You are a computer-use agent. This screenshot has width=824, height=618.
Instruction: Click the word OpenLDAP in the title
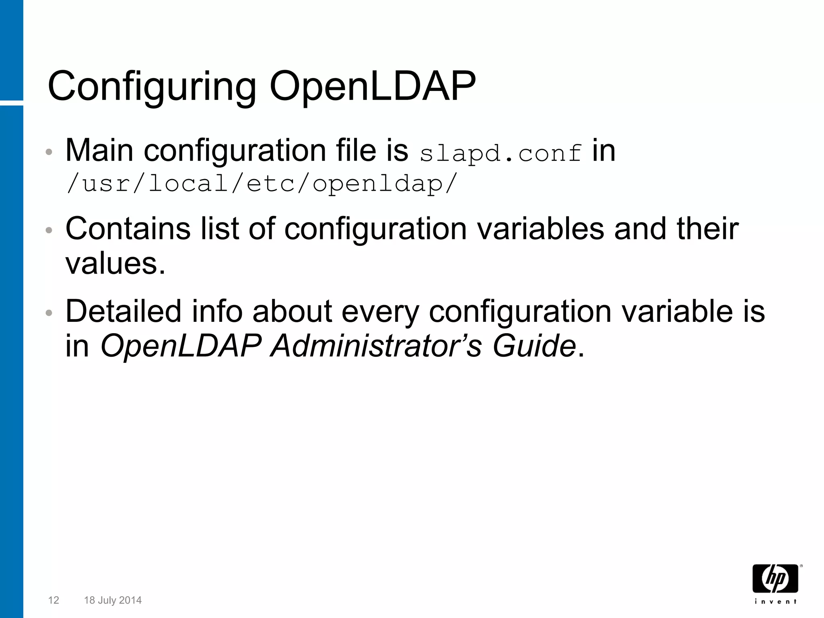point(372,87)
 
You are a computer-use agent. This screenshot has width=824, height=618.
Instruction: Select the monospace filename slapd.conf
point(501,153)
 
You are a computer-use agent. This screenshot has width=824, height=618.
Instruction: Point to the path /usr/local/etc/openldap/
point(262,184)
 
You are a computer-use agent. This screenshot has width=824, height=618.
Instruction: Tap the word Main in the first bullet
point(99,150)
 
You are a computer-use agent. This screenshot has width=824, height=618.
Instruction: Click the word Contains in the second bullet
point(128,229)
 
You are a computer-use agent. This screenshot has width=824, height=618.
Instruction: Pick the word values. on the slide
point(115,264)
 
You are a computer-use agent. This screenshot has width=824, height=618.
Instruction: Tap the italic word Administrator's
point(376,346)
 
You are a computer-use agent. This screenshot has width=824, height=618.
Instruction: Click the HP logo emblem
point(775,579)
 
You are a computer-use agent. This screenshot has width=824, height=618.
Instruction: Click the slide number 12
point(54,600)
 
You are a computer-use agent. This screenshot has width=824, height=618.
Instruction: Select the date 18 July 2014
point(113,600)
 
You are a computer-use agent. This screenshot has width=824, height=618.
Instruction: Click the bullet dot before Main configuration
point(49,152)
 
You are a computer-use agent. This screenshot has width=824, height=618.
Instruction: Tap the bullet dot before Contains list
point(49,231)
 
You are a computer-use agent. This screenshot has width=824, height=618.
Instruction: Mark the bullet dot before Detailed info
point(49,313)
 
